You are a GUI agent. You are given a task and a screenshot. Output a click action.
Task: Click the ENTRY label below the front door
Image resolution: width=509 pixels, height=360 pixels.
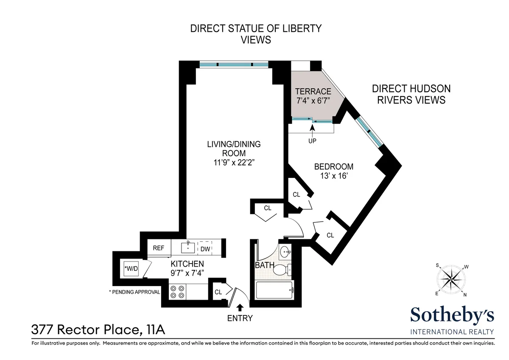pyautogui.click(x=240, y=318)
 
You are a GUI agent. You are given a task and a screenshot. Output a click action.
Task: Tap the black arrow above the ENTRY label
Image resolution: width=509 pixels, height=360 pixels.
pyautogui.click(x=240, y=307)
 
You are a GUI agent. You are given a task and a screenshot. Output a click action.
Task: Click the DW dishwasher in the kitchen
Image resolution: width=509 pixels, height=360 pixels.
pyautogui.click(x=205, y=248)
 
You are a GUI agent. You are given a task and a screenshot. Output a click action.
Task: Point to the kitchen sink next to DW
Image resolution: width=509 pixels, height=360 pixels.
pyautogui.click(x=187, y=247)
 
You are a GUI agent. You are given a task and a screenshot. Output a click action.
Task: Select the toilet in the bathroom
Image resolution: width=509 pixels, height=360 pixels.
pyautogui.click(x=281, y=269)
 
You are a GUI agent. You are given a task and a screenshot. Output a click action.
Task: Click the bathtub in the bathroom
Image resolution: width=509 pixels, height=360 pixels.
pyautogui.click(x=274, y=290)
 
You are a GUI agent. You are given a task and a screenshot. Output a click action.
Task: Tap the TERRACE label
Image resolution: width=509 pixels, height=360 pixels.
pyautogui.click(x=313, y=91)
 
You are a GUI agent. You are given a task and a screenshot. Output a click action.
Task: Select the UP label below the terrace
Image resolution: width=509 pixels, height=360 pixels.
pyautogui.click(x=313, y=141)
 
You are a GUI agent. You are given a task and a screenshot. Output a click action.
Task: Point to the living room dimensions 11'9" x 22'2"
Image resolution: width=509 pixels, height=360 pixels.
pyautogui.click(x=234, y=162)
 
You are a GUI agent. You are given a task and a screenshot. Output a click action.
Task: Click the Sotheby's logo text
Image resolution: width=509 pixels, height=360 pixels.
pyautogui.click(x=452, y=315)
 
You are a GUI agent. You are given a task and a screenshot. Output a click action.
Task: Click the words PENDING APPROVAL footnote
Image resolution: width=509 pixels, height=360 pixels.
pyautogui.click(x=134, y=292)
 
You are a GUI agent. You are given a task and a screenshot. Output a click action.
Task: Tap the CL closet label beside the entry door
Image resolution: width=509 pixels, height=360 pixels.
pyautogui.click(x=218, y=292)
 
